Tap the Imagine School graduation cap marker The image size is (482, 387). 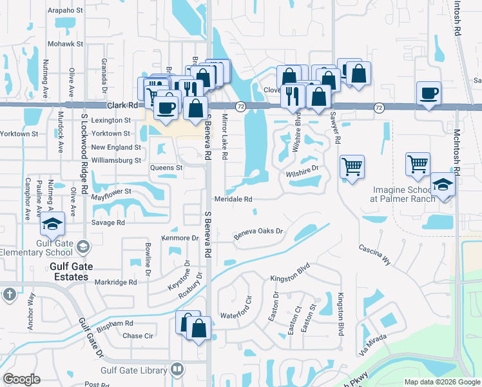click(443, 184)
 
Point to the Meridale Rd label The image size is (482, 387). click(233, 199)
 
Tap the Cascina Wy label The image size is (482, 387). click(374, 253)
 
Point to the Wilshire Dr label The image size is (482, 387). click(303, 171)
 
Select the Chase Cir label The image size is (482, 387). click(138, 335)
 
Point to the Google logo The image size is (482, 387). click(21, 379)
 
